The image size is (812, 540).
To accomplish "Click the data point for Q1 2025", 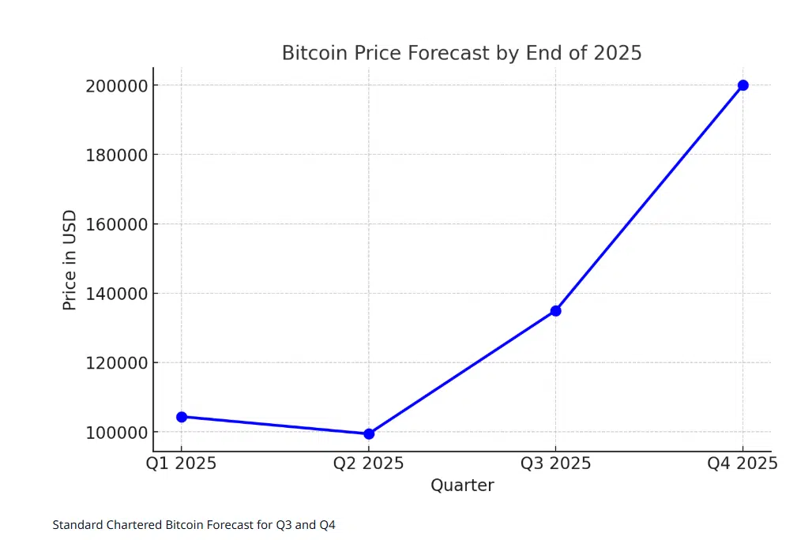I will pyautogui.click(x=182, y=417).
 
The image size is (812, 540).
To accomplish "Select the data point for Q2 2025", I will pyautogui.click(x=369, y=433).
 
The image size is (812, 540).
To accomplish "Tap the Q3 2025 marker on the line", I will pyautogui.click(x=556, y=311).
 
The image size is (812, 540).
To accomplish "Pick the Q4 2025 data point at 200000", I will pyautogui.click(x=743, y=85).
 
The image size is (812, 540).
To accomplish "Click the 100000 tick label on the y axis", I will pyautogui.click(x=116, y=433).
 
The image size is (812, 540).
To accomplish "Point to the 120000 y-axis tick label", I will pyautogui.click(x=116, y=363).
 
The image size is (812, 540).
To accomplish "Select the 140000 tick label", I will pyautogui.click(x=116, y=294).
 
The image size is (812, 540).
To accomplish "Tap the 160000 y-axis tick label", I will pyautogui.click(x=116, y=224).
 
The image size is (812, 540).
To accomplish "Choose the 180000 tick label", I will pyautogui.click(x=116, y=155).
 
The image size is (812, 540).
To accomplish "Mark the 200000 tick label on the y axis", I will pyautogui.click(x=116, y=85).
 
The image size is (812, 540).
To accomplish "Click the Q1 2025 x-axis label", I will pyautogui.click(x=182, y=463).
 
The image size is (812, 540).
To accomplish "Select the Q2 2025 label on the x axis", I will pyautogui.click(x=369, y=463).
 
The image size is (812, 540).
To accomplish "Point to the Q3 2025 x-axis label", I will pyautogui.click(x=556, y=463).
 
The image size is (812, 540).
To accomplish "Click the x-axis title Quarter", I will pyautogui.click(x=462, y=486).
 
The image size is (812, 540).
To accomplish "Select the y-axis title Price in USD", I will pyautogui.click(x=70, y=260).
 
